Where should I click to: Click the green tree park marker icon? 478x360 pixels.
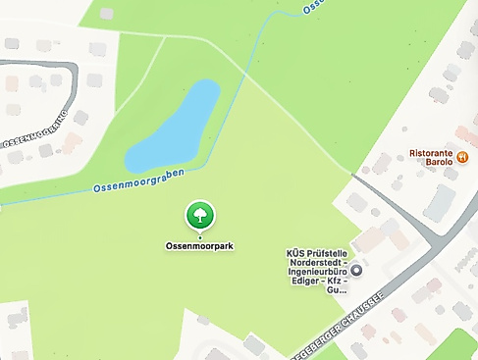[x=199, y=215]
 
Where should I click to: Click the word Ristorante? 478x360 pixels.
[x=432, y=153]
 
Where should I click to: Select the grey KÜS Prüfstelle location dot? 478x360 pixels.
[x=356, y=270]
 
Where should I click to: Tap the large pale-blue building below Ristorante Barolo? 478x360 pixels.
[x=439, y=203]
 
